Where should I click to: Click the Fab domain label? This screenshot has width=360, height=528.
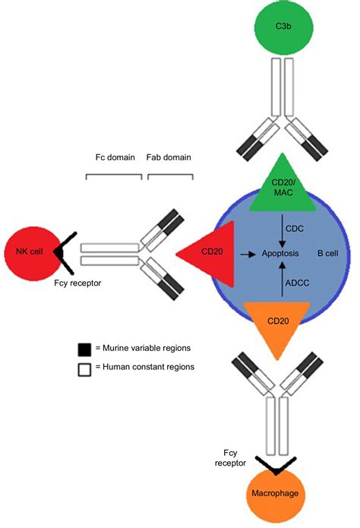tap(169, 158)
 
